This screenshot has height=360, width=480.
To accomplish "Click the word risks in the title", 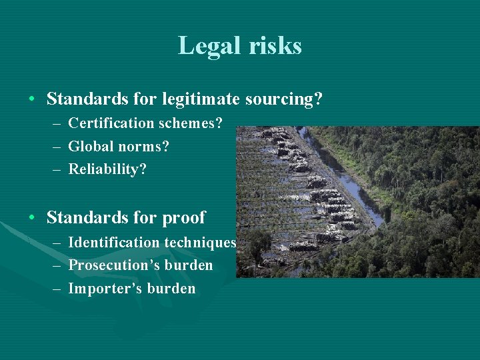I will click(x=274, y=46).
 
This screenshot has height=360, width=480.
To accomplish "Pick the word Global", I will click(x=90, y=146).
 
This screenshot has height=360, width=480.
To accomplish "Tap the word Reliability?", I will click(x=107, y=169).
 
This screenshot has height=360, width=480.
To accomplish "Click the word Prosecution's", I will click(x=111, y=265).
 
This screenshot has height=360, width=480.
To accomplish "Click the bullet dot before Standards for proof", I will click(x=32, y=218).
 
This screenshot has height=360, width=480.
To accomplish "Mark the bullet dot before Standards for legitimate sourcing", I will click(x=32, y=100).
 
